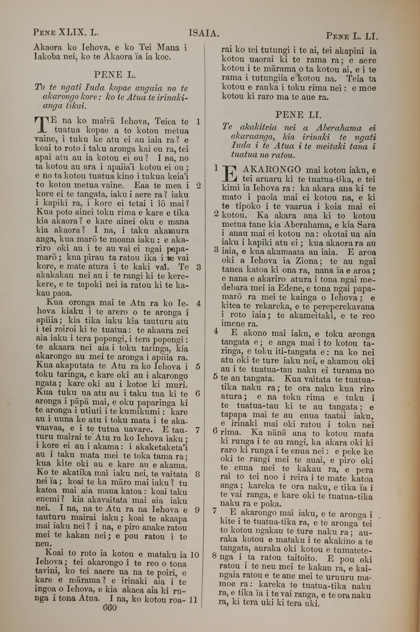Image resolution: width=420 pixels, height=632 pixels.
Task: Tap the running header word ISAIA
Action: tap(204, 33)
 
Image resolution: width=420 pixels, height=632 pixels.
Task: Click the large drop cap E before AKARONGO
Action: tap(230, 174)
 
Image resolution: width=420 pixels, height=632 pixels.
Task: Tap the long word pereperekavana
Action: tap(343, 307)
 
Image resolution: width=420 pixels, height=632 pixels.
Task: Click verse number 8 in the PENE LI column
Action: tap(214, 556)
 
